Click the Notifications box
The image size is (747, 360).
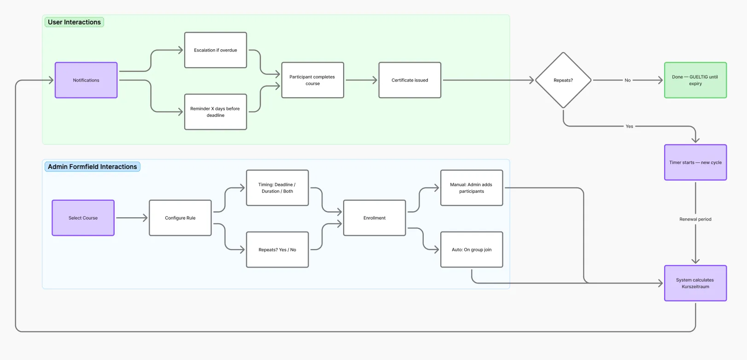click(x=86, y=80)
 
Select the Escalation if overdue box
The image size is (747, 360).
click(x=216, y=50)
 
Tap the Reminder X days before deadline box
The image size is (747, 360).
click(x=216, y=112)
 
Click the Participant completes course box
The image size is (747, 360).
click(x=313, y=80)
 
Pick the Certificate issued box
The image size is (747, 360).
click(x=410, y=80)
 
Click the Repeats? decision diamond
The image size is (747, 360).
click(x=563, y=80)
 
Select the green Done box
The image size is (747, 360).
click(x=695, y=80)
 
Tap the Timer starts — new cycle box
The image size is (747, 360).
click(x=695, y=163)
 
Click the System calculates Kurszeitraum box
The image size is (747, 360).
click(x=695, y=283)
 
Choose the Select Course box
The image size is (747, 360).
click(x=83, y=218)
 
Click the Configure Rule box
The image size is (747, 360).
click(x=180, y=218)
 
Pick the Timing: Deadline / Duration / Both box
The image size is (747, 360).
click(x=277, y=188)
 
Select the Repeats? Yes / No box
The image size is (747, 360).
click(x=277, y=250)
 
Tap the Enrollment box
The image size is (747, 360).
click(x=374, y=218)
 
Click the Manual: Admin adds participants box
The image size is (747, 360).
click(x=472, y=188)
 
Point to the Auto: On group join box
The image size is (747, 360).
click(x=472, y=250)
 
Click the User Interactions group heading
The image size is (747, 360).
click(x=74, y=22)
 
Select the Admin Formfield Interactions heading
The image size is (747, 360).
click(x=92, y=167)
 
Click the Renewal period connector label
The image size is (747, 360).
click(x=695, y=219)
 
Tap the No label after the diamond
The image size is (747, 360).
click(x=627, y=80)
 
